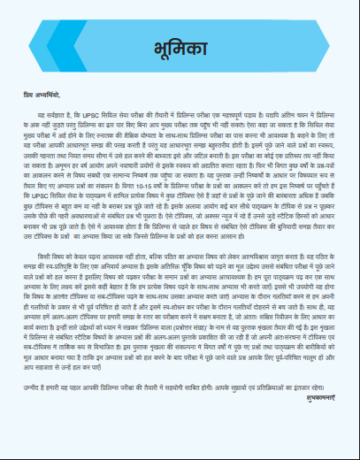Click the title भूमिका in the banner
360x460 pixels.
179,47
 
